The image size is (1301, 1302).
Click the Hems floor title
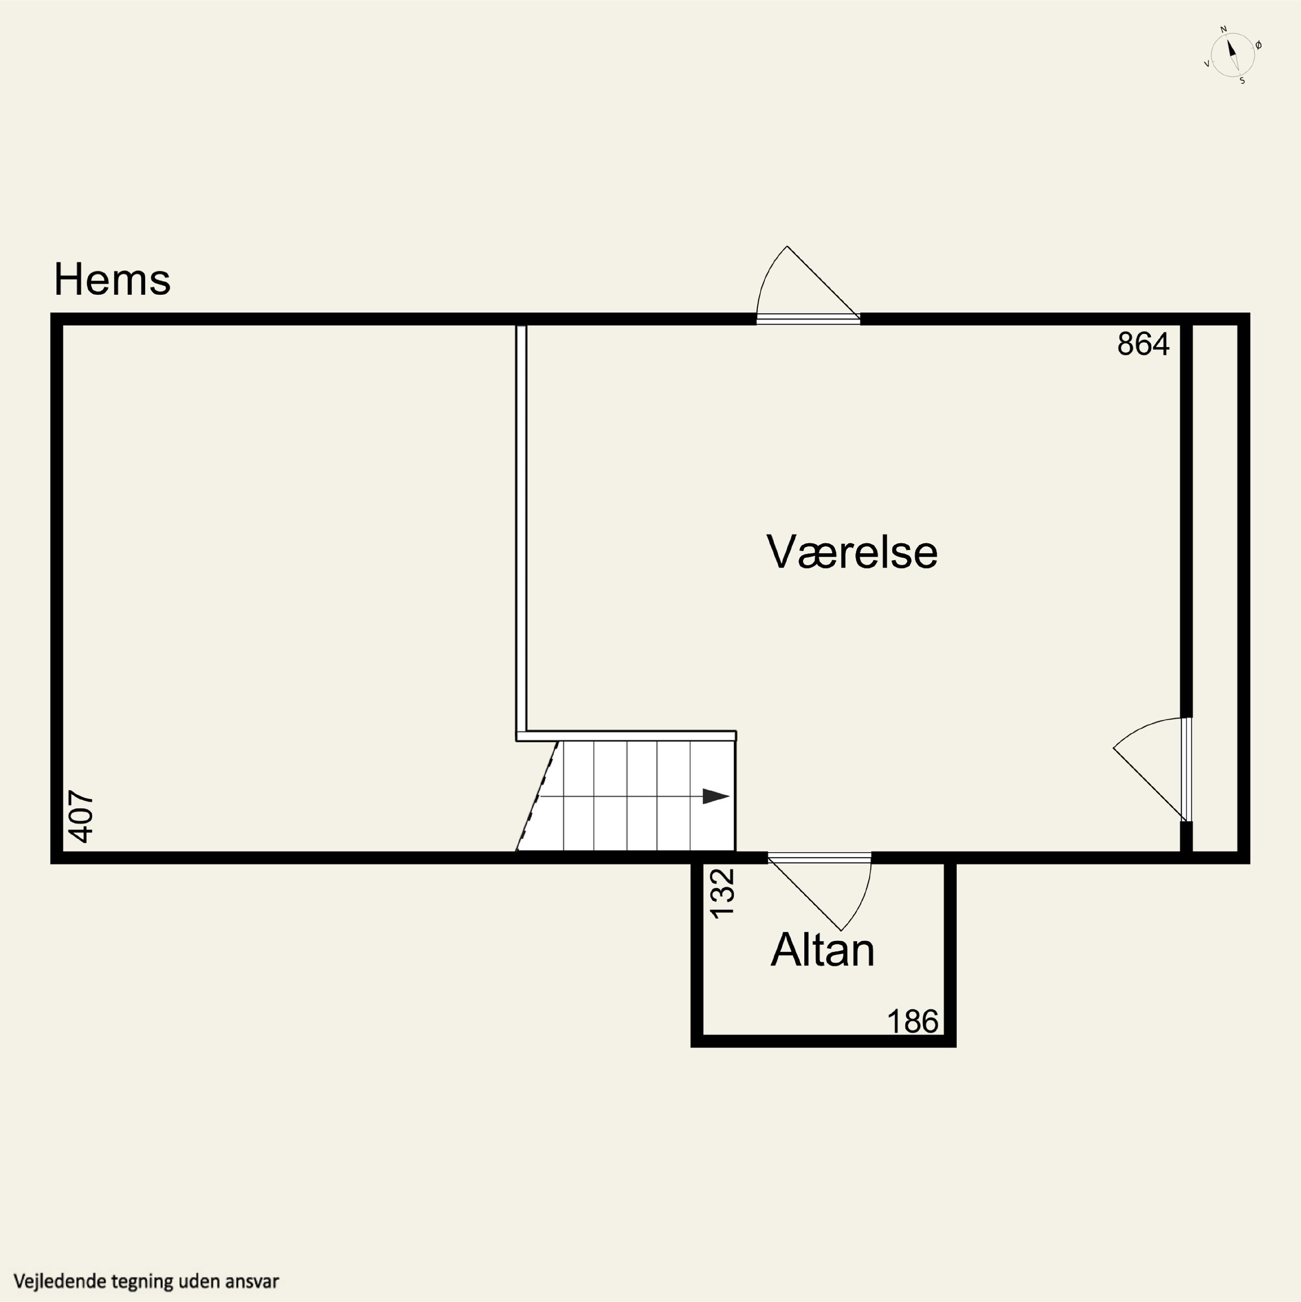[x=112, y=279]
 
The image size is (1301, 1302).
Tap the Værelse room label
[x=852, y=552]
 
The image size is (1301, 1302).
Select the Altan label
[x=822, y=950]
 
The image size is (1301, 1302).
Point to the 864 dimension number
[x=1144, y=344]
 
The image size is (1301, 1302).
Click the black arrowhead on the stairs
[x=715, y=796]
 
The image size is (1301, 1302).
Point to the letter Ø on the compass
[x=1258, y=64]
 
